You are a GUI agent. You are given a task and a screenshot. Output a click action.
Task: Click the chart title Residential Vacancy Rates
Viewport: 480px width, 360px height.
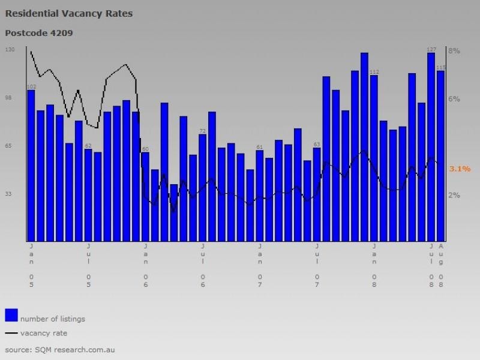point(69,13)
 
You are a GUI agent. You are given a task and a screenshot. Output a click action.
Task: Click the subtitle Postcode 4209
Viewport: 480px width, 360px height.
point(39,33)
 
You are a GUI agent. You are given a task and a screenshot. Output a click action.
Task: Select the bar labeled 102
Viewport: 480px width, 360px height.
point(31,165)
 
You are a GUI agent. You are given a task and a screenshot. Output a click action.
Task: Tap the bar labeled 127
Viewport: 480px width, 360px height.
point(431,147)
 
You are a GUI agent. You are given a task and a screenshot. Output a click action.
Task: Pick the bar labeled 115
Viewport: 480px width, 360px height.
point(440,156)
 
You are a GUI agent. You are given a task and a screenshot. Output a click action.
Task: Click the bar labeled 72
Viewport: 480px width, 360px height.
point(203,187)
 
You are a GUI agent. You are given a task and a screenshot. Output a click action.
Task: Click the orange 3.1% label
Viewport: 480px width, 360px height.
point(460,169)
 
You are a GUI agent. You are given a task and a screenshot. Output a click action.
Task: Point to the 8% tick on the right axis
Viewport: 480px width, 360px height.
point(454,51)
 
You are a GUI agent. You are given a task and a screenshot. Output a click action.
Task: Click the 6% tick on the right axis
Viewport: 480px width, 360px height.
point(454,99)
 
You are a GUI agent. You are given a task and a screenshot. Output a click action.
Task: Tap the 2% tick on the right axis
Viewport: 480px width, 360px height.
point(454,195)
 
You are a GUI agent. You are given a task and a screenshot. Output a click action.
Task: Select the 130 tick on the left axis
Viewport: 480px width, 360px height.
point(10,50)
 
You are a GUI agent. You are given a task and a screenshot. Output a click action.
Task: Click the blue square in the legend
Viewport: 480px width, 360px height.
point(11,315)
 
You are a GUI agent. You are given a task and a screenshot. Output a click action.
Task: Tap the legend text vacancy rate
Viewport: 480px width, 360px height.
point(44,333)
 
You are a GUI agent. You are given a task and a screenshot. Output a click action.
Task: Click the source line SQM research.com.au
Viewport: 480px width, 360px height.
point(60,349)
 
